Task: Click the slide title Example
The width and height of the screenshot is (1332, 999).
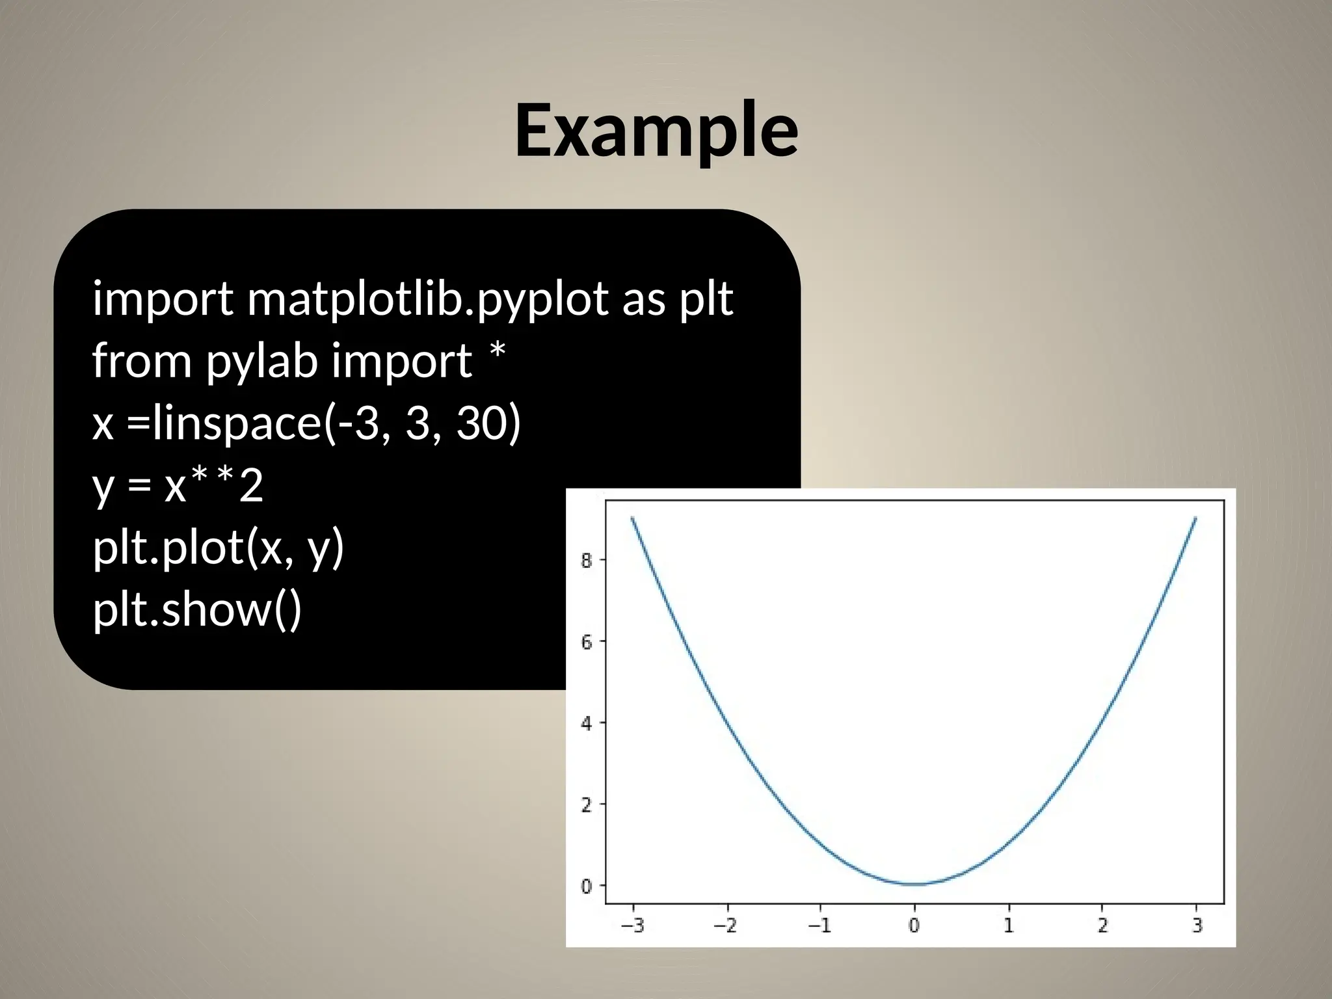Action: point(656,132)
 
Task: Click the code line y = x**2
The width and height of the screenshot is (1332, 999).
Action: point(178,486)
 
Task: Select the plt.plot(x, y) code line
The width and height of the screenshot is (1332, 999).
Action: point(218,548)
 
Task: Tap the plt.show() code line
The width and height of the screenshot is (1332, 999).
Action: point(197,610)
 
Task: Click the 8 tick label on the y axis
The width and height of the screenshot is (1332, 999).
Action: point(587,560)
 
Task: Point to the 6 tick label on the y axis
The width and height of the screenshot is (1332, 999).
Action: point(587,642)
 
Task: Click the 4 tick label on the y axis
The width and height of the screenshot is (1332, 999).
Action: point(587,723)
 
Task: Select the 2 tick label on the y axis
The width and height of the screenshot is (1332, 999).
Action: point(587,805)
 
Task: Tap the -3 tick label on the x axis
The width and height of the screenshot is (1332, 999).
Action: point(632,925)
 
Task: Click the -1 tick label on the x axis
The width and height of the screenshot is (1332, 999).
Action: point(819,925)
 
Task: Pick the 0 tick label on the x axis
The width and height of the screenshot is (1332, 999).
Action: point(914,925)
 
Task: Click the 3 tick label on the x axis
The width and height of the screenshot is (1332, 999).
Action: point(1197,925)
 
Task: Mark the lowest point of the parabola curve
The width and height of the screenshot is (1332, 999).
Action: point(914,884)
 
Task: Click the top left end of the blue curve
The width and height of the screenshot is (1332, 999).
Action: point(632,518)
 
